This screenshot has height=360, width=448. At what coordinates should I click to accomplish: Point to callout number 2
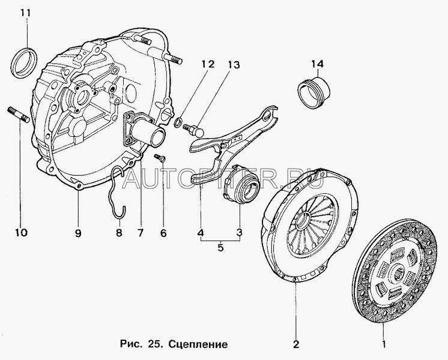coord(295,344)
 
